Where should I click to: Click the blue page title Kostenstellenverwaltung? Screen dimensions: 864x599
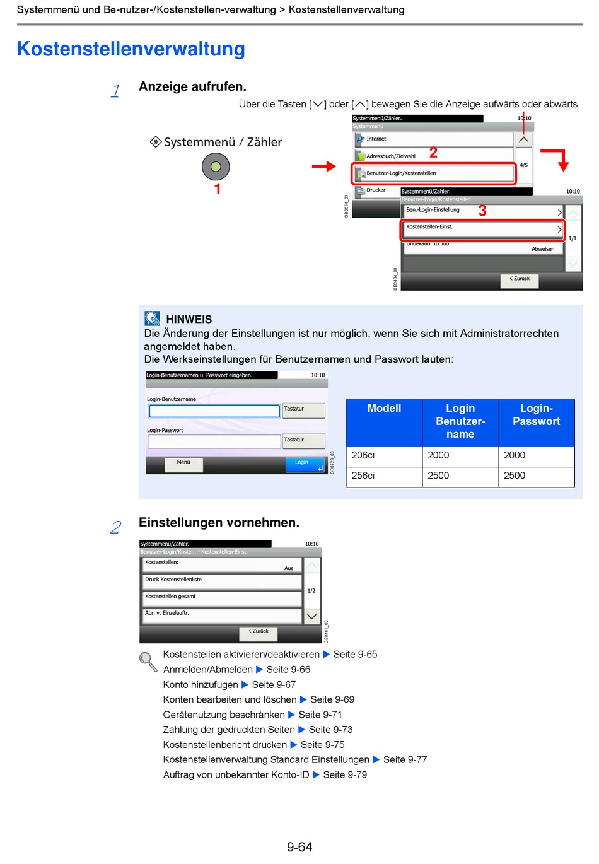(x=131, y=49)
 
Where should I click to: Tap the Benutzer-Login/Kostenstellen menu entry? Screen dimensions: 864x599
(x=434, y=173)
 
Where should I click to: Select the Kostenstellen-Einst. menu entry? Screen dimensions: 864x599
(x=482, y=228)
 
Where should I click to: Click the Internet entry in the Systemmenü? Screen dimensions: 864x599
(x=434, y=139)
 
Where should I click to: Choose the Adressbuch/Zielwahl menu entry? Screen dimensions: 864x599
(x=434, y=156)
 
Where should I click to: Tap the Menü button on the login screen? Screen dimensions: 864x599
(x=183, y=464)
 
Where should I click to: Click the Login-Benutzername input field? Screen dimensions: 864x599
(x=214, y=411)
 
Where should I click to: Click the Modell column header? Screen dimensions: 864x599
(x=384, y=409)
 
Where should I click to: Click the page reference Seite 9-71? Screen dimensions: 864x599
(x=320, y=715)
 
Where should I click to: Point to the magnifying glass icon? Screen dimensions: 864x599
(x=148, y=661)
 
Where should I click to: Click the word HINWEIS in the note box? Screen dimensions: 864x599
(x=189, y=319)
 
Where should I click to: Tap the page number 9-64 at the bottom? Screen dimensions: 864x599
(x=299, y=847)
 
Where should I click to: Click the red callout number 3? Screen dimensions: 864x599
(x=482, y=211)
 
